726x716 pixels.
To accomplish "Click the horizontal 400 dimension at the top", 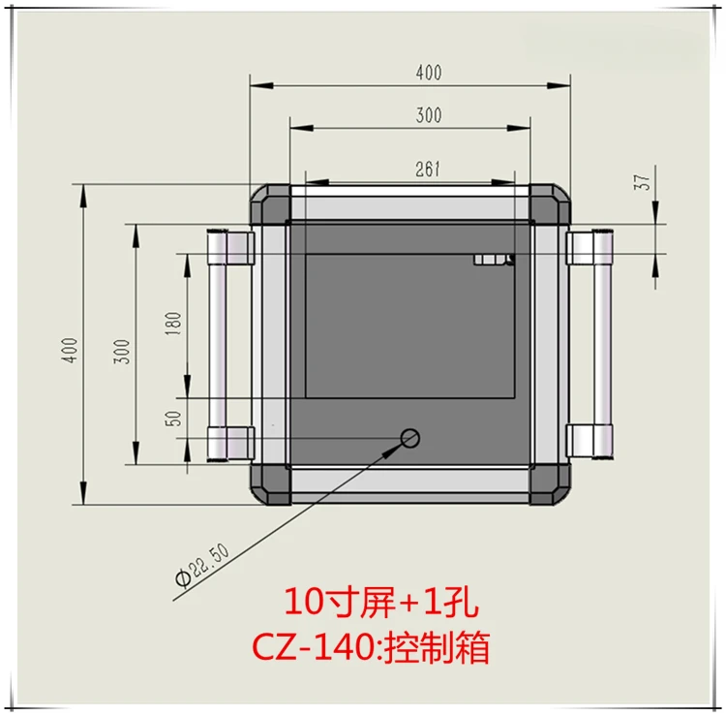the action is pos(429,73).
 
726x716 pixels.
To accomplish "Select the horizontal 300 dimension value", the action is pos(429,115).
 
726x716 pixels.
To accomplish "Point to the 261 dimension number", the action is pos(427,170).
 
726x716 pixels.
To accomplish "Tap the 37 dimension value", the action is pos(642,182).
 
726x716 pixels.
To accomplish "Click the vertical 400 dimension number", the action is pos(70,350).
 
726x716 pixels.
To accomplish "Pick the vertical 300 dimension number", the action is pos(122,352).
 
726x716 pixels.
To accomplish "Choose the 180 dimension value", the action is pos(172,324).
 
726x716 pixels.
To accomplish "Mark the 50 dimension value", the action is pos(172,419).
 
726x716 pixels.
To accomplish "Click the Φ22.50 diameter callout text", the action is pos(202,566).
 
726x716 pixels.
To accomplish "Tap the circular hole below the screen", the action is pos(410,438).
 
